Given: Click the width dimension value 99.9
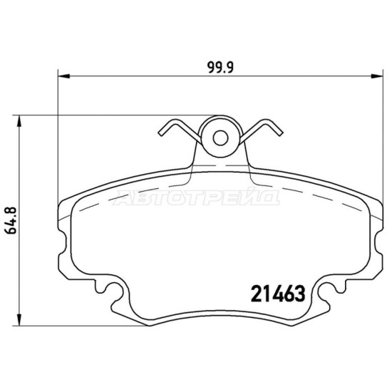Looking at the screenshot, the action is tap(220, 68).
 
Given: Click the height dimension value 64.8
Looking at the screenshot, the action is tap(11, 220).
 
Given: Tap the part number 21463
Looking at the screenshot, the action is tap(278, 294).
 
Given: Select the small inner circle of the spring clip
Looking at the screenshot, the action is tap(220, 138).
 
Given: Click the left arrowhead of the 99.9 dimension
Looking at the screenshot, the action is tap(63, 76).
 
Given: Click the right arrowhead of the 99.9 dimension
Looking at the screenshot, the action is tap(377, 76).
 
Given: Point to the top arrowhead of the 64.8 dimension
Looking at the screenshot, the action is tap(19, 121).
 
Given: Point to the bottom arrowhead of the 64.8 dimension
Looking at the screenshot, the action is tap(19, 320).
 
